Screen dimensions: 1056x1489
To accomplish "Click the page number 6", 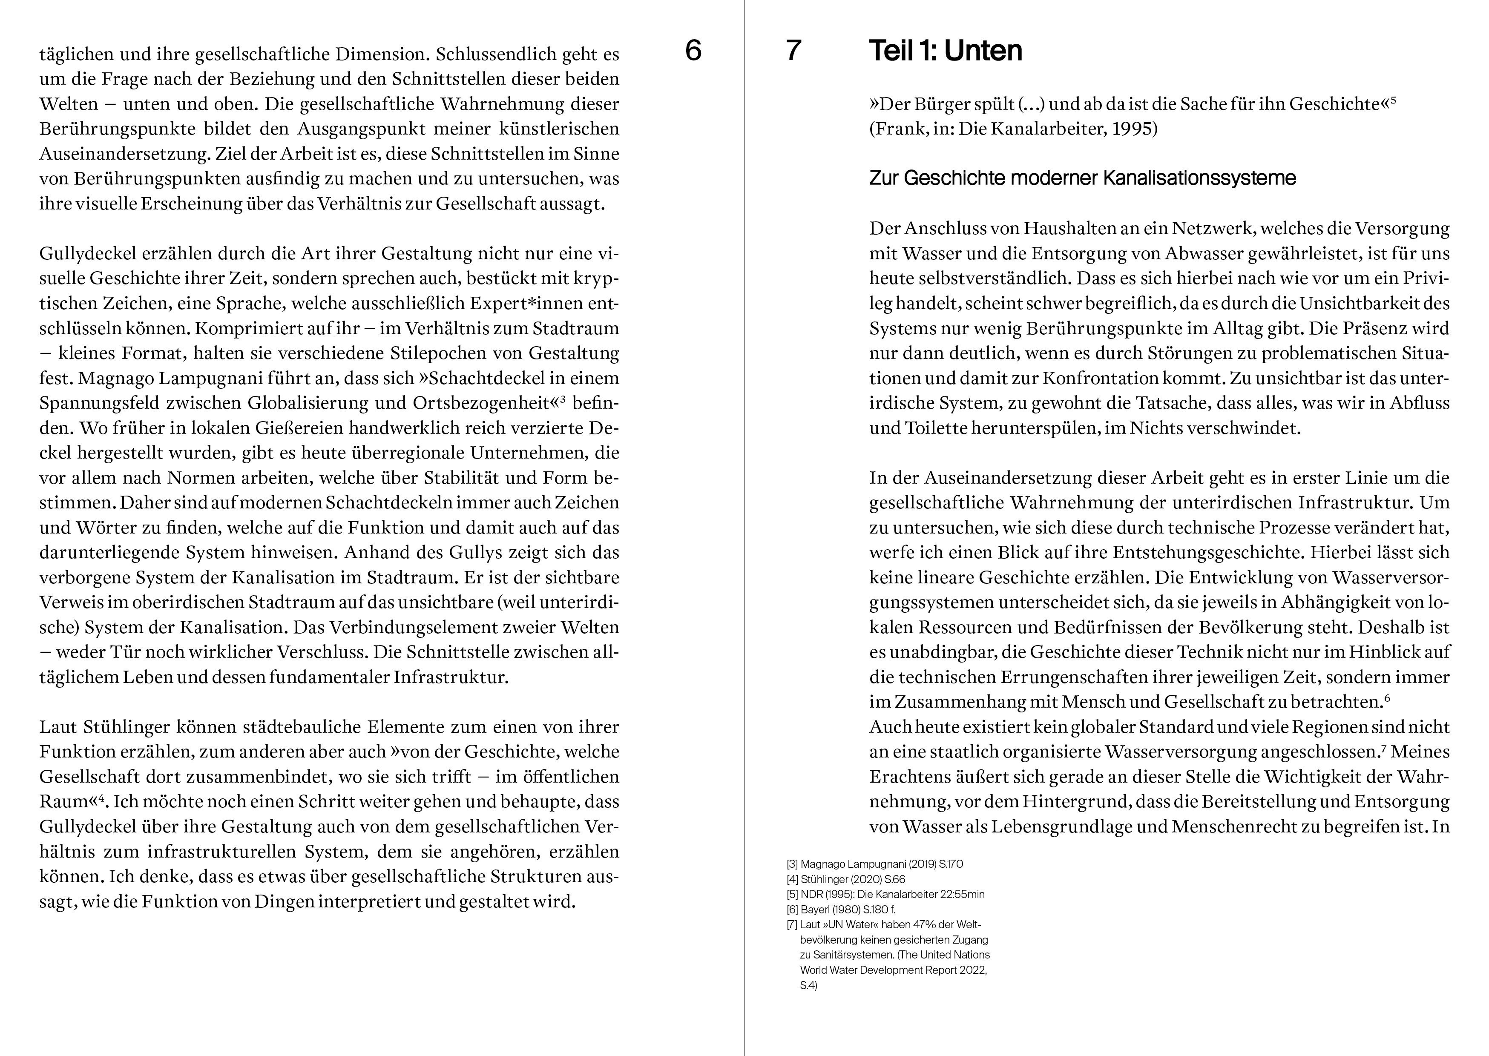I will coord(693,51).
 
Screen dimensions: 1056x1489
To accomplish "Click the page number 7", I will coord(793,51).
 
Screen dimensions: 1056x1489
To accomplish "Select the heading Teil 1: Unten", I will coord(946,51).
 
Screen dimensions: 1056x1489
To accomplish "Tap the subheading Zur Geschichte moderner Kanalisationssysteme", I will coord(1083,178).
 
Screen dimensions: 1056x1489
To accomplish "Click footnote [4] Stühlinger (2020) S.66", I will coord(845,879).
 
